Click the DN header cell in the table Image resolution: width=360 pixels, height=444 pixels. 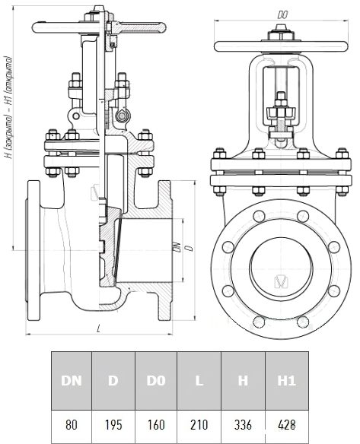click(x=72, y=381)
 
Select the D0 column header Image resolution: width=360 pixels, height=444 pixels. click(x=156, y=381)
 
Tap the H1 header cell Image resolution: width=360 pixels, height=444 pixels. click(x=287, y=381)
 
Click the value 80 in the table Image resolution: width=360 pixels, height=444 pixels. click(x=71, y=425)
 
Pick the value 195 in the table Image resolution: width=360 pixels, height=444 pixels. click(x=113, y=425)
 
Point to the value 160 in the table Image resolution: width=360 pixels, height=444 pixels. click(x=156, y=425)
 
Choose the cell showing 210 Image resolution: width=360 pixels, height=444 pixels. click(x=199, y=425)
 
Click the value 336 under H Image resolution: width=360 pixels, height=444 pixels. click(x=243, y=425)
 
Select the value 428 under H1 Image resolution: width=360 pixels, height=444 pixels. click(x=287, y=425)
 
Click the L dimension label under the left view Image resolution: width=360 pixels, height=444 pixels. click(x=98, y=328)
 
